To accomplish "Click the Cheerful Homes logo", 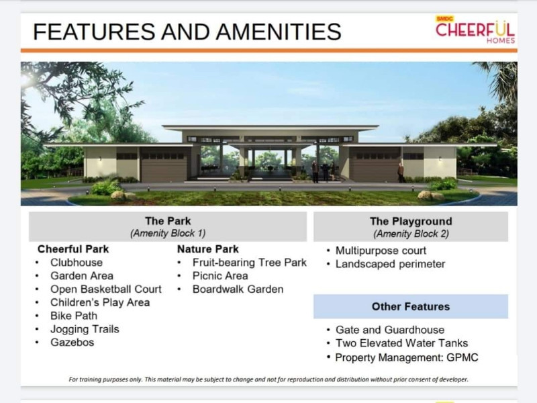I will tap(475, 30).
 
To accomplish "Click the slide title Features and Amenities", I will tap(187, 32).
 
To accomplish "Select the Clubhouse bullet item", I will tap(77, 263).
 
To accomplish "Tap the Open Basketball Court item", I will tap(106, 289).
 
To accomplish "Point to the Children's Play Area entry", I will tap(100, 303).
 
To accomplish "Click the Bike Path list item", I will tap(74, 316).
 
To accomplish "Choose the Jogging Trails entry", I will tap(85, 329).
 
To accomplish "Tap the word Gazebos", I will tap(72, 343).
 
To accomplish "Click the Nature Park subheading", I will tap(208, 249).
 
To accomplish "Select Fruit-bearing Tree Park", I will tap(249, 263).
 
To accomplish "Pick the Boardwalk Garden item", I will tap(238, 289).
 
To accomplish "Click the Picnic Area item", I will tap(220, 276).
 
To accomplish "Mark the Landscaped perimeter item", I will tap(390, 264).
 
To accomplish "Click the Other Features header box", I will tap(411, 307).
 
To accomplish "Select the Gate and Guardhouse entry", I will tap(389, 330).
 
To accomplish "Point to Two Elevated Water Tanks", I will tap(398, 343).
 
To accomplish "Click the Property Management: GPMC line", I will tap(407, 357).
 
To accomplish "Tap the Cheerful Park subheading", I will tap(73, 249).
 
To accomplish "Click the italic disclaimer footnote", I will tap(268, 379).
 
